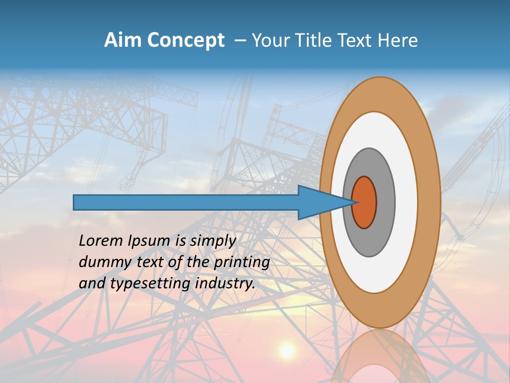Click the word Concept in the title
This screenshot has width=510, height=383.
tap(185, 40)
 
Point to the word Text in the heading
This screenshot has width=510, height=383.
tap(356, 40)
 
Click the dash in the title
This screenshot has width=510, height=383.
tap(240, 41)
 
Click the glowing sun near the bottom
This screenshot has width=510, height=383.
tap(287, 350)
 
